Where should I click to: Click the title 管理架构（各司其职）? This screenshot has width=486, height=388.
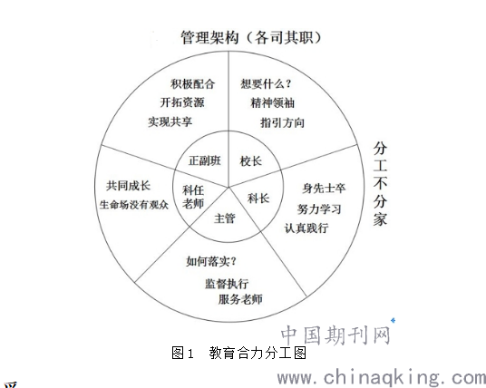[251, 38]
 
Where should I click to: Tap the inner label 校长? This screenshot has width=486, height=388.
[251, 161]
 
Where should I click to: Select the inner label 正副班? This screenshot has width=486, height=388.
[205, 160]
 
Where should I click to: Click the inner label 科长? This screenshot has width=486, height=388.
[258, 199]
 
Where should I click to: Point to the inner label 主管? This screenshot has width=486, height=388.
[225, 218]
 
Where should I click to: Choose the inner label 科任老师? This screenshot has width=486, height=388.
[193, 197]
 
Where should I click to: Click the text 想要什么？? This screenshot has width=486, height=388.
[267, 83]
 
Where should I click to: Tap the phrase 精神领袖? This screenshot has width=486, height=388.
[272, 102]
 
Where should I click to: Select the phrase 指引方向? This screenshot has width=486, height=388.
[282, 122]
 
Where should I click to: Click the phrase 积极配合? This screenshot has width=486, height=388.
[192, 83]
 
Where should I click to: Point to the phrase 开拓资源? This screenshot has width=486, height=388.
[182, 102]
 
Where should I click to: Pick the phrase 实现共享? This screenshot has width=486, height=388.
[170, 121]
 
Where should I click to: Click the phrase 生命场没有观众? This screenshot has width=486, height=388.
[134, 205]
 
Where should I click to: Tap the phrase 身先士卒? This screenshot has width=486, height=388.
[324, 189]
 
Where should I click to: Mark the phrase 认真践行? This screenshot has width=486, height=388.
[306, 228]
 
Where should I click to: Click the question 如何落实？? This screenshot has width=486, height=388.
[211, 261]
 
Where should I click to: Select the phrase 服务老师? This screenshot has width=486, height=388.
[240, 299]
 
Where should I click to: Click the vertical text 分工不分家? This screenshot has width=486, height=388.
[380, 184]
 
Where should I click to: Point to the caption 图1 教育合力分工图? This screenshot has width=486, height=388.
[239, 353]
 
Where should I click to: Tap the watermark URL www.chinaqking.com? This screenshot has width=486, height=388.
[381, 377]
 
